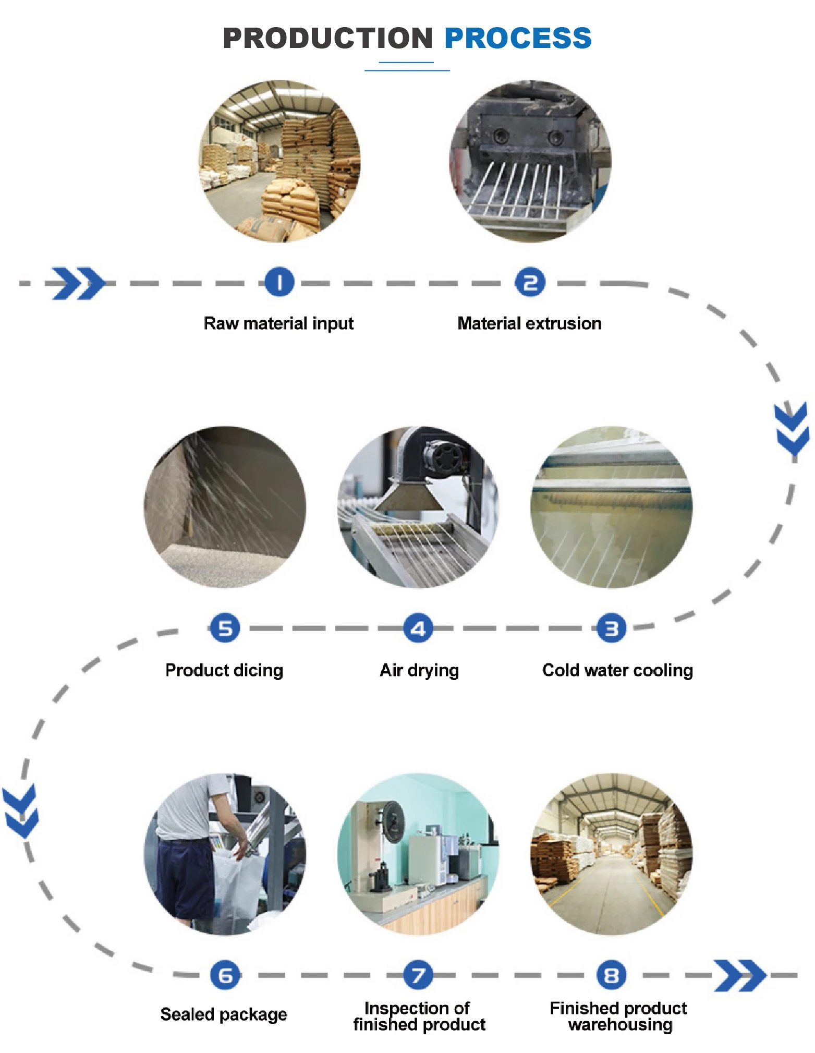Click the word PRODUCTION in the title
click(x=327, y=38)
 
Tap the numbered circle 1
click(x=279, y=283)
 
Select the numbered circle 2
click(x=530, y=283)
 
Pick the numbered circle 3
click(x=611, y=628)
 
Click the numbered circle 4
click(x=418, y=628)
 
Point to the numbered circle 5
click(x=225, y=628)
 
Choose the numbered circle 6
click(x=225, y=975)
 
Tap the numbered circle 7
click(x=418, y=975)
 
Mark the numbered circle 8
click(x=611, y=975)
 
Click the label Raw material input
click(x=278, y=323)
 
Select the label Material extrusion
click(x=529, y=323)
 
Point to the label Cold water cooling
click(x=617, y=670)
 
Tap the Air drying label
click(x=419, y=670)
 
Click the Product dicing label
click(x=224, y=670)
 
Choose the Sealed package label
click(x=224, y=1014)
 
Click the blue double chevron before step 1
click(x=78, y=283)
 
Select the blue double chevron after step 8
click(x=739, y=975)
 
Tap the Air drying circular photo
click(x=418, y=507)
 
